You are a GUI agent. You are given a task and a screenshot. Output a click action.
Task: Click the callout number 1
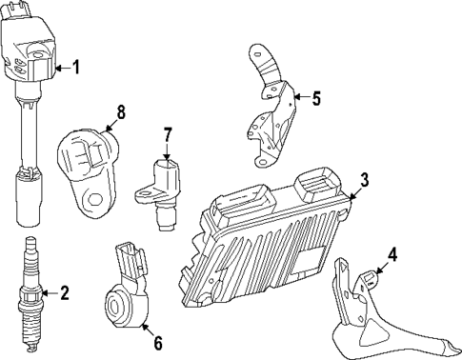[77, 68]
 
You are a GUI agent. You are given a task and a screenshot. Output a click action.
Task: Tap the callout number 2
[64, 293]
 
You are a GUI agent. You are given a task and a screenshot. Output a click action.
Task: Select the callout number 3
[364, 179]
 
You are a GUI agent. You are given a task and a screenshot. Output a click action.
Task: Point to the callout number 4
[391, 254]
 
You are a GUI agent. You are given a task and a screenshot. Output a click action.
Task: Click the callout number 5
[317, 96]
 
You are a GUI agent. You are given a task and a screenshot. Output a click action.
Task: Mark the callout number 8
[120, 111]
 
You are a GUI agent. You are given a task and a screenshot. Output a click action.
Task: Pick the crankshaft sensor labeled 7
[165, 190]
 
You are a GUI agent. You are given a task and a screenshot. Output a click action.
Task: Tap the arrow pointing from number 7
[166, 152]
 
